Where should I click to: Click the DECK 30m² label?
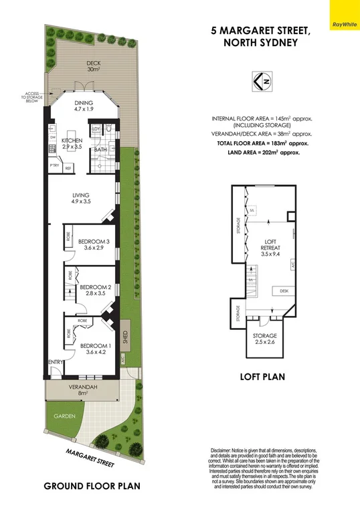pos(93,66)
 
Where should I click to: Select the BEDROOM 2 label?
pos(94,290)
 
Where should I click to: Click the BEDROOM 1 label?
pos(94,348)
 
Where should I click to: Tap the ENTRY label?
pos(54,362)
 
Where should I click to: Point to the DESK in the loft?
pos(284,290)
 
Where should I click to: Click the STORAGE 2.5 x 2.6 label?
pos(264,339)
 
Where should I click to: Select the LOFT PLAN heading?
pos(262,377)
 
